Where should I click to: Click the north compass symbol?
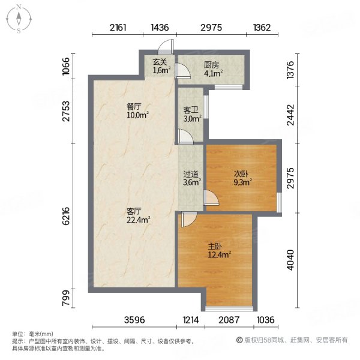pyautogui.click(x=19, y=19)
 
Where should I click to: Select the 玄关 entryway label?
pyautogui.click(x=160, y=62)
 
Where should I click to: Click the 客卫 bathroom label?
pyautogui.click(x=191, y=110)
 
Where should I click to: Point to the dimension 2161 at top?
pyautogui.click(x=119, y=28)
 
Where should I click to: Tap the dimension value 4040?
pyautogui.click(x=291, y=262)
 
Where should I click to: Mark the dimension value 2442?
pyautogui.click(x=291, y=115)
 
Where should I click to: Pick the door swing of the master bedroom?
pyautogui.click(x=187, y=220)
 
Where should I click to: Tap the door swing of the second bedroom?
pyautogui.click(x=211, y=199)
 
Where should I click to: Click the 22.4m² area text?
pyautogui.click(x=138, y=220)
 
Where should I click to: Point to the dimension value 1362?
pyautogui.click(x=262, y=28)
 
